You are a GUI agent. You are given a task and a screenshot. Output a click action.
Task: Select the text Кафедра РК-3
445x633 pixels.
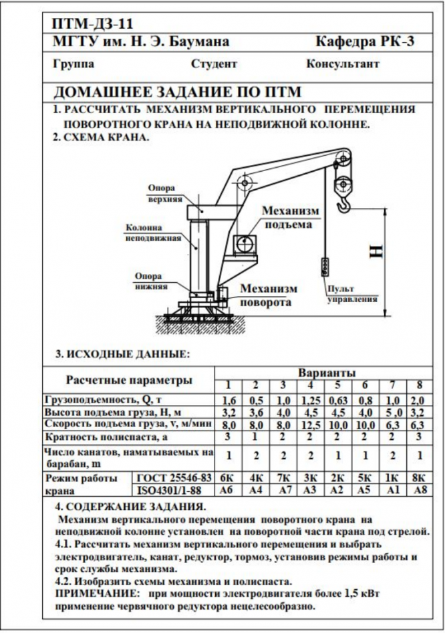point(365,41)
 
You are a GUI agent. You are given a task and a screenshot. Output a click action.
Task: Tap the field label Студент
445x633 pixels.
point(214,64)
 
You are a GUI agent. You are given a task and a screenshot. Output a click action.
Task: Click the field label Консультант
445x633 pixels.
point(343,64)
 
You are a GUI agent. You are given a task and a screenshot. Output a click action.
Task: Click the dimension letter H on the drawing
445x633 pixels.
point(377,251)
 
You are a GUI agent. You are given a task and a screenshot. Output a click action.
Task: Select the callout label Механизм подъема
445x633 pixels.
point(289,217)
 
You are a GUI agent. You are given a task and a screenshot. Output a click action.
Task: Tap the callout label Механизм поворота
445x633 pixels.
point(269,295)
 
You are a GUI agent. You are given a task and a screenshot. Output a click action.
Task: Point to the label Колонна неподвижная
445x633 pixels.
point(153,232)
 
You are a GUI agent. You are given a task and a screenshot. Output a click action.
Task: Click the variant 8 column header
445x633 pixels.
point(420,384)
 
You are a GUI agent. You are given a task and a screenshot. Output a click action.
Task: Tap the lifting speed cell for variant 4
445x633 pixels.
point(310,425)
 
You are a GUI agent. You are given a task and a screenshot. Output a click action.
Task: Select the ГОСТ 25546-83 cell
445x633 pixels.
point(174,478)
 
